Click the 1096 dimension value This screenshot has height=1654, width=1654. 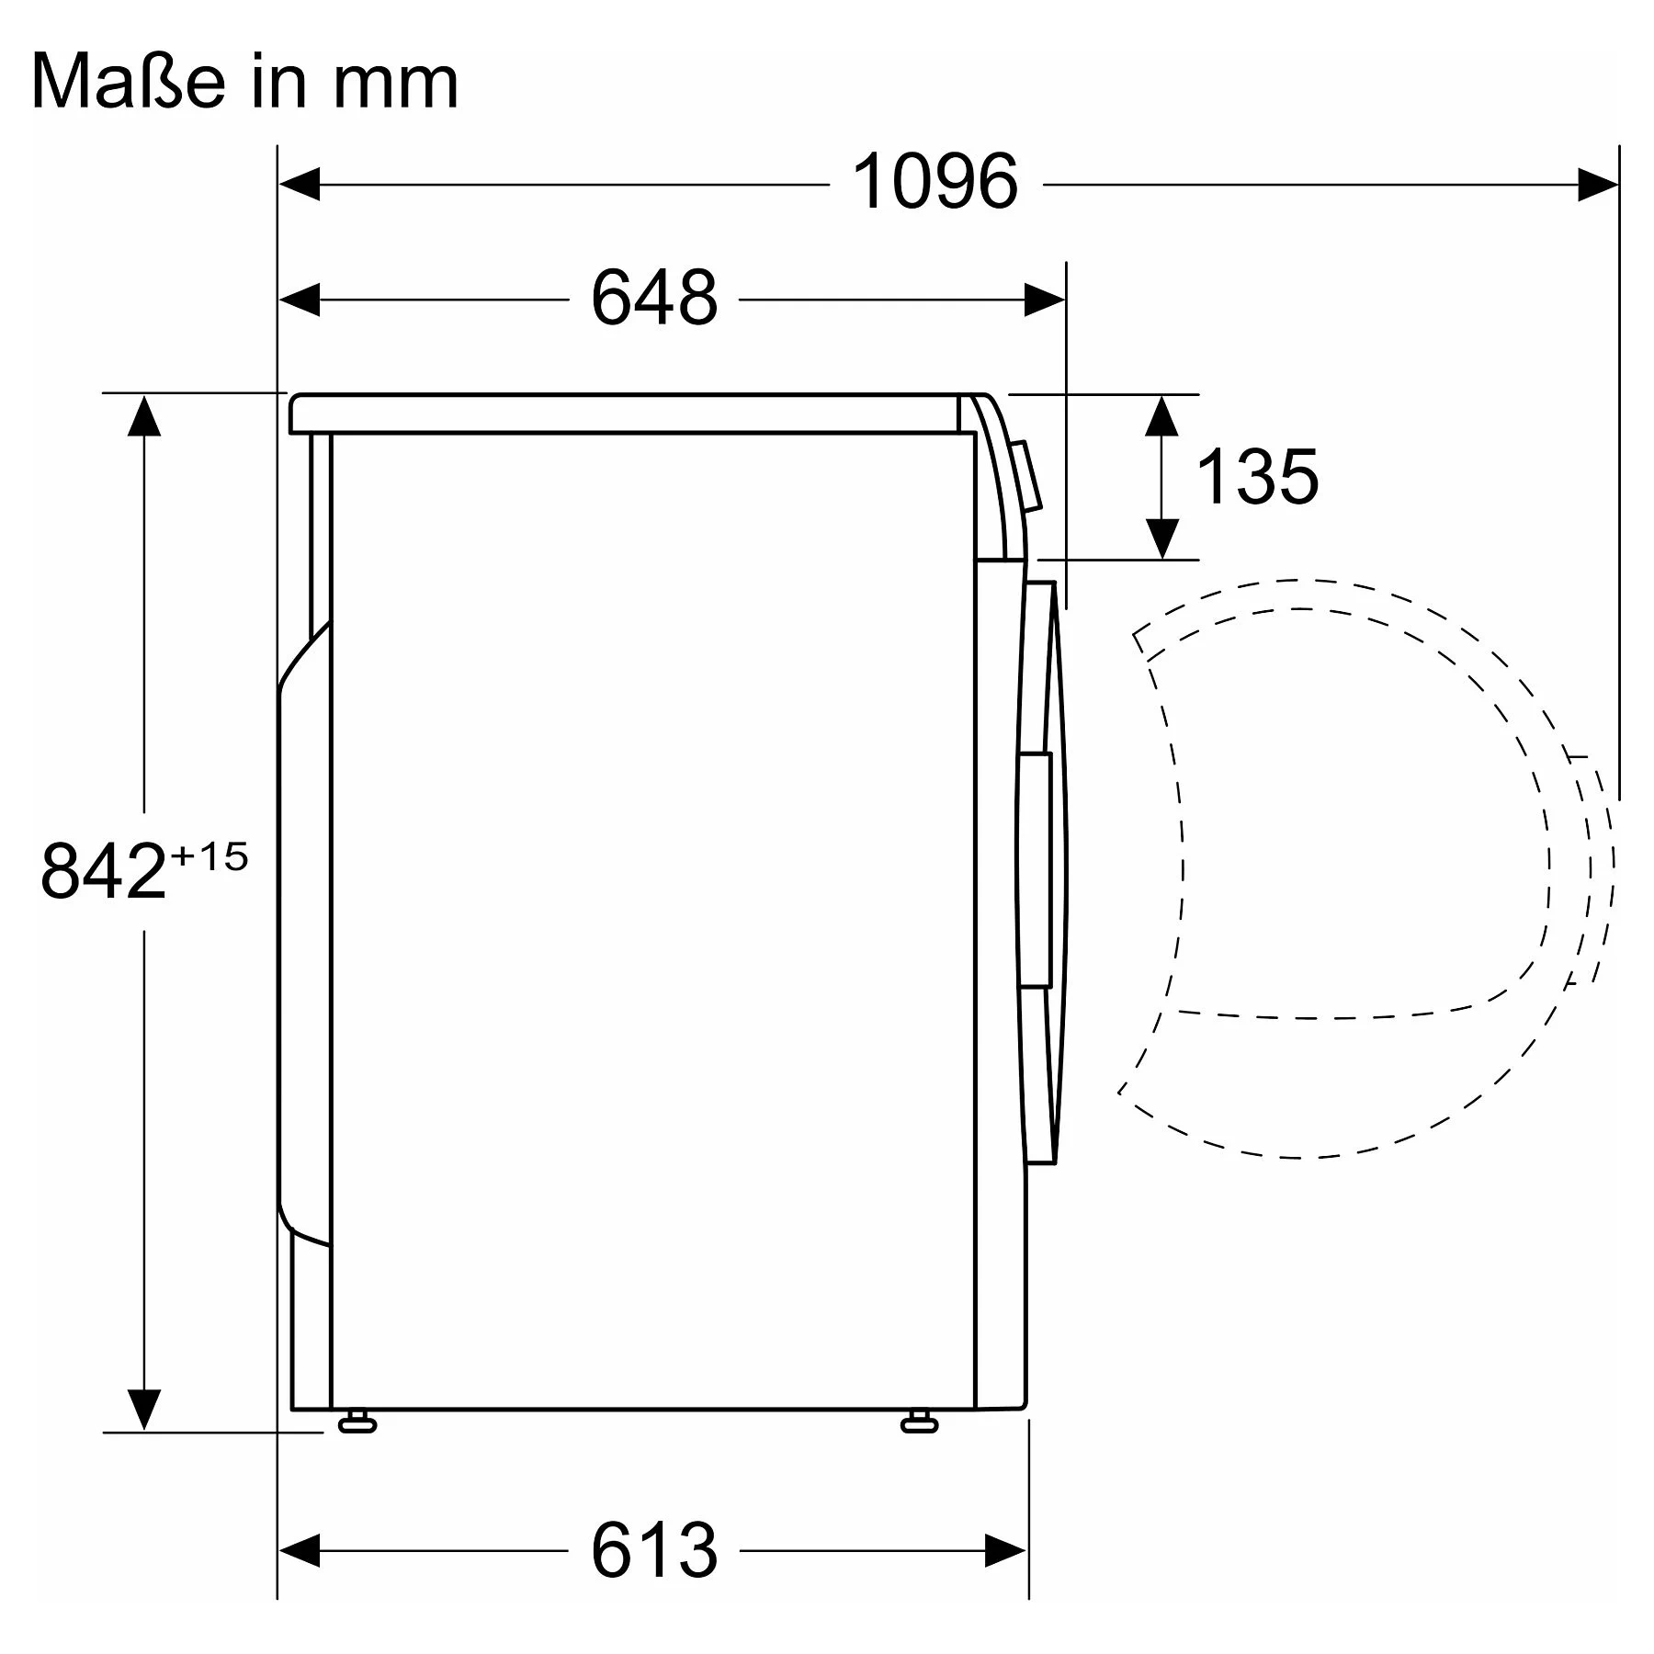(x=935, y=182)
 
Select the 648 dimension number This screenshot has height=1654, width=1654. (x=653, y=298)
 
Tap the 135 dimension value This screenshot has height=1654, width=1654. (x=1257, y=476)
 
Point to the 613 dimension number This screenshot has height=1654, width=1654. (x=653, y=1550)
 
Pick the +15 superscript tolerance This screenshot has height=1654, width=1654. (x=210, y=857)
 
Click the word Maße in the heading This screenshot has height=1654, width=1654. (x=128, y=82)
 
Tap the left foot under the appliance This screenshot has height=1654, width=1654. (x=357, y=1422)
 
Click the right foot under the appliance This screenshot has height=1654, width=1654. (x=919, y=1422)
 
